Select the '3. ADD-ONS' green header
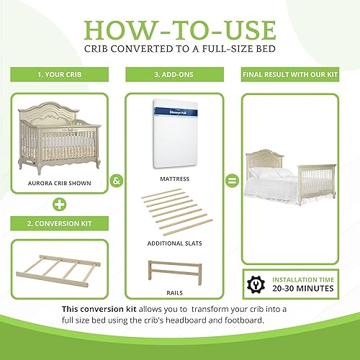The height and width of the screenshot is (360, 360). (180, 73)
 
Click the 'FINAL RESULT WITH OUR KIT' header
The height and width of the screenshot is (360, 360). (300, 73)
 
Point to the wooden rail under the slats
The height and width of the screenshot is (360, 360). (179, 274)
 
